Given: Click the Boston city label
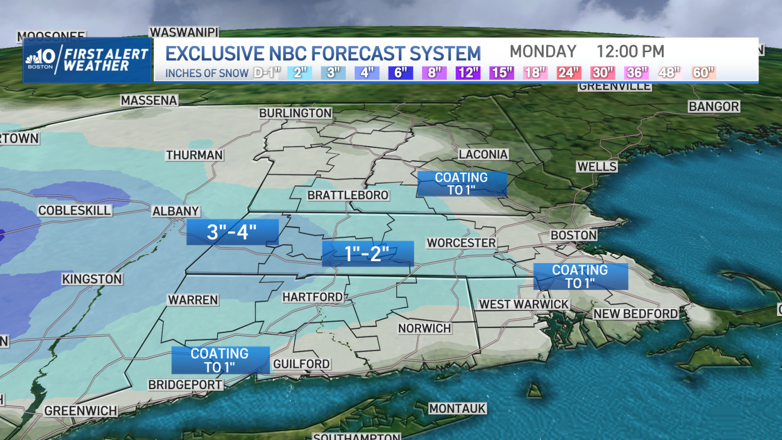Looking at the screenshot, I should coord(573,235).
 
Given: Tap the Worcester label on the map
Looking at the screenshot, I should coord(461,243).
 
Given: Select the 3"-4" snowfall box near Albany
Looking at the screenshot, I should coord(232,232).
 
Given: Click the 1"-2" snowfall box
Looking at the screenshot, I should coord(367,254).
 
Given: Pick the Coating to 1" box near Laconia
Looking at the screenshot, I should coord(461,184).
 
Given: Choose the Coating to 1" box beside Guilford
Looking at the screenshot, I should coord(220,360).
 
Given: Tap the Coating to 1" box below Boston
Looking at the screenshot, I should coord(580,277).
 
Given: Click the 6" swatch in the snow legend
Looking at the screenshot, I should coord(401,73).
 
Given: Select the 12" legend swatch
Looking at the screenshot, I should coord(468,73).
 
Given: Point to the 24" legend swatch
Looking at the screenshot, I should coord(568,73).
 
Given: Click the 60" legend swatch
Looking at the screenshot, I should coord(703,73).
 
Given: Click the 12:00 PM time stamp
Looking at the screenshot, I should coord(630,52).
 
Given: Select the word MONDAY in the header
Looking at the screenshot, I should coord(543,52).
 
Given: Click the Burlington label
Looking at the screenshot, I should coord(295,113).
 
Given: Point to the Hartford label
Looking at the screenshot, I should coord(313,297).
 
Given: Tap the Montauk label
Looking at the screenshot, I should coord(457,409).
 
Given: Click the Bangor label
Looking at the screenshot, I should coord(713,107).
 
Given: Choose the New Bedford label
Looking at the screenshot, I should coord(636,314).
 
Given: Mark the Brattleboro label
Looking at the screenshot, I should coord(348,195).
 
